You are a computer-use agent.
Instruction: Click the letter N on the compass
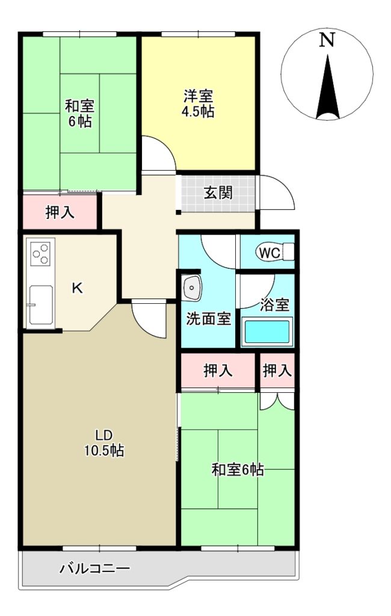tap(327, 40)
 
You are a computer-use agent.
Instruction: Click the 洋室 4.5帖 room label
tap(198, 103)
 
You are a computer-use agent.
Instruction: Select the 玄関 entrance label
tap(218, 193)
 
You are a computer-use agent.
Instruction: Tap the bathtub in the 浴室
tap(266, 332)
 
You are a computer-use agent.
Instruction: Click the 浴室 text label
tap(274, 305)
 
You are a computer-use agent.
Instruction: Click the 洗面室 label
tap(208, 319)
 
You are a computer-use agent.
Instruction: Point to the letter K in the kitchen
tap(77, 288)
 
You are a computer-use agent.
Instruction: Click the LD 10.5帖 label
tap(103, 443)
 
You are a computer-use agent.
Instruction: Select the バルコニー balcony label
tap(94, 568)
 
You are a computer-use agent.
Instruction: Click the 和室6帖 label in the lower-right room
tap(238, 470)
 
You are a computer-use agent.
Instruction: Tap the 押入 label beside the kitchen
tap(60, 212)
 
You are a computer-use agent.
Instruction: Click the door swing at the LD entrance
tap(149, 319)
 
